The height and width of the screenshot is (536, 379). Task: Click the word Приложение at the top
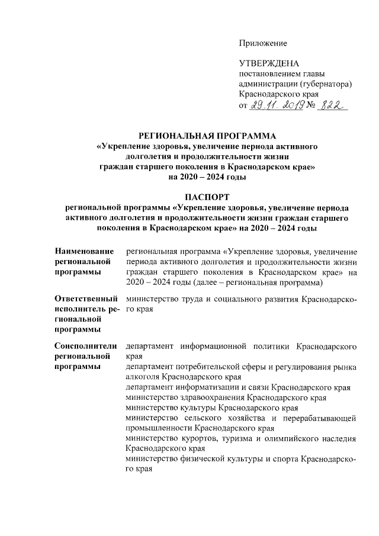pyautogui.click(x=263, y=43)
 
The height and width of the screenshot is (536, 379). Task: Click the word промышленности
pyautogui.click(x=160, y=428)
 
